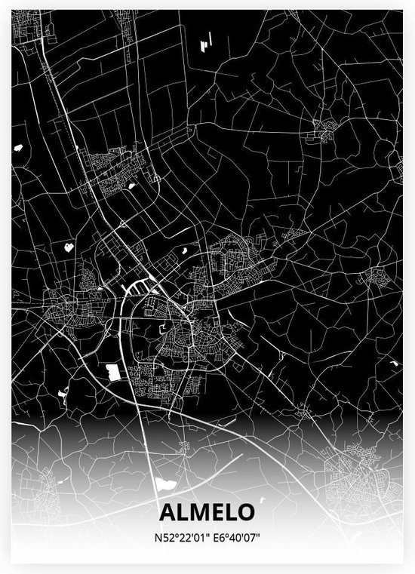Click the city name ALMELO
pos(207,512)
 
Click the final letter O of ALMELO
pos(245,512)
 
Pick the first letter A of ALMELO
pos(167,512)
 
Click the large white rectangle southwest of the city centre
pos(113,370)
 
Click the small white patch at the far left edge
pos(17,148)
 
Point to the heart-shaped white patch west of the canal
pos(69,245)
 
